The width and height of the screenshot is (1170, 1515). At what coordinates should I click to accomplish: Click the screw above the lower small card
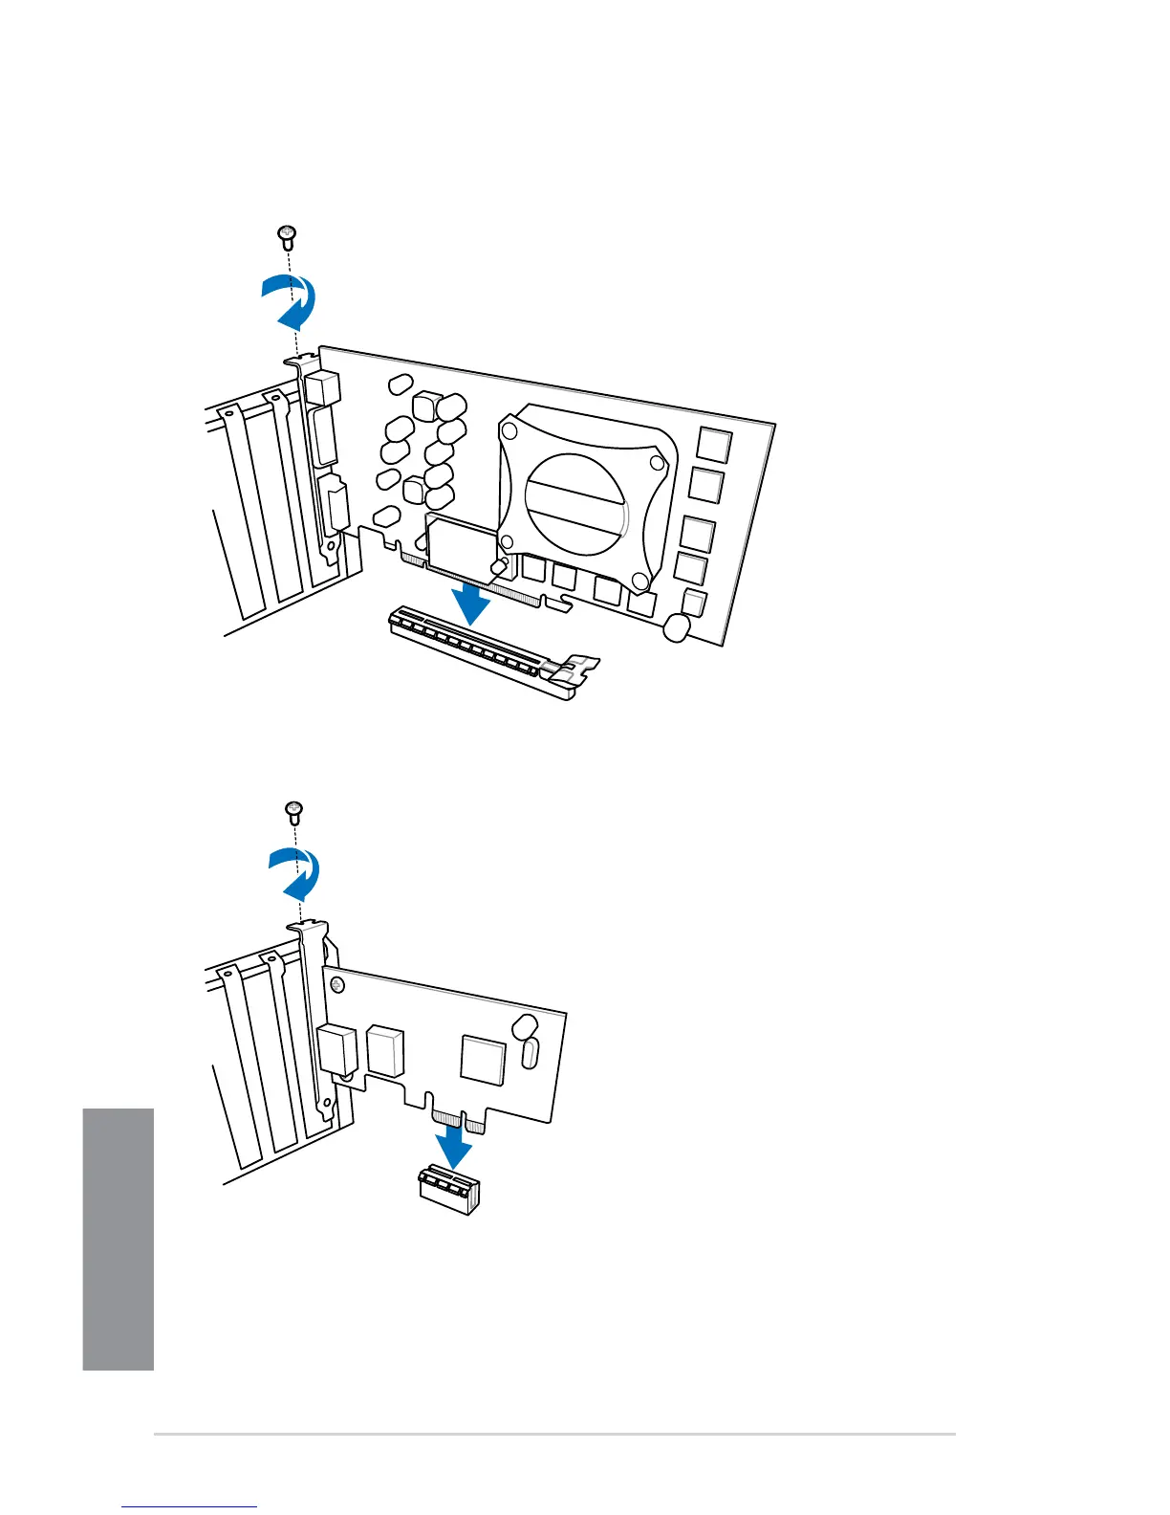pyautogui.click(x=295, y=811)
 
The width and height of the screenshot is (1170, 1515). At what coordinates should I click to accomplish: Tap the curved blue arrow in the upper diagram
pyautogui.click(x=292, y=300)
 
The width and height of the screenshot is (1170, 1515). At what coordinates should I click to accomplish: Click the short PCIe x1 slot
pyautogui.click(x=447, y=1191)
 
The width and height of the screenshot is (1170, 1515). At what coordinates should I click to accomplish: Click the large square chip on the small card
pyautogui.click(x=483, y=1058)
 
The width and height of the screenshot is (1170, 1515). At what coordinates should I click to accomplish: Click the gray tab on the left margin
pyautogui.click(x=118, y=1239)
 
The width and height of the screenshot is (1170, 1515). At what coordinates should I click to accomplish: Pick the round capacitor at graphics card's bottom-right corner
pyautogui.click(x=676, y=627)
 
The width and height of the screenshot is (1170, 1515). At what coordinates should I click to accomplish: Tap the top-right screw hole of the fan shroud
pyautogui.click(x=657, y=463)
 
